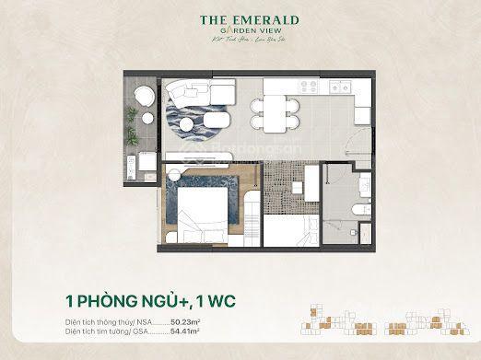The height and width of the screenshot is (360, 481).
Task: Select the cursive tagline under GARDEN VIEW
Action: (x=240, y=45)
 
